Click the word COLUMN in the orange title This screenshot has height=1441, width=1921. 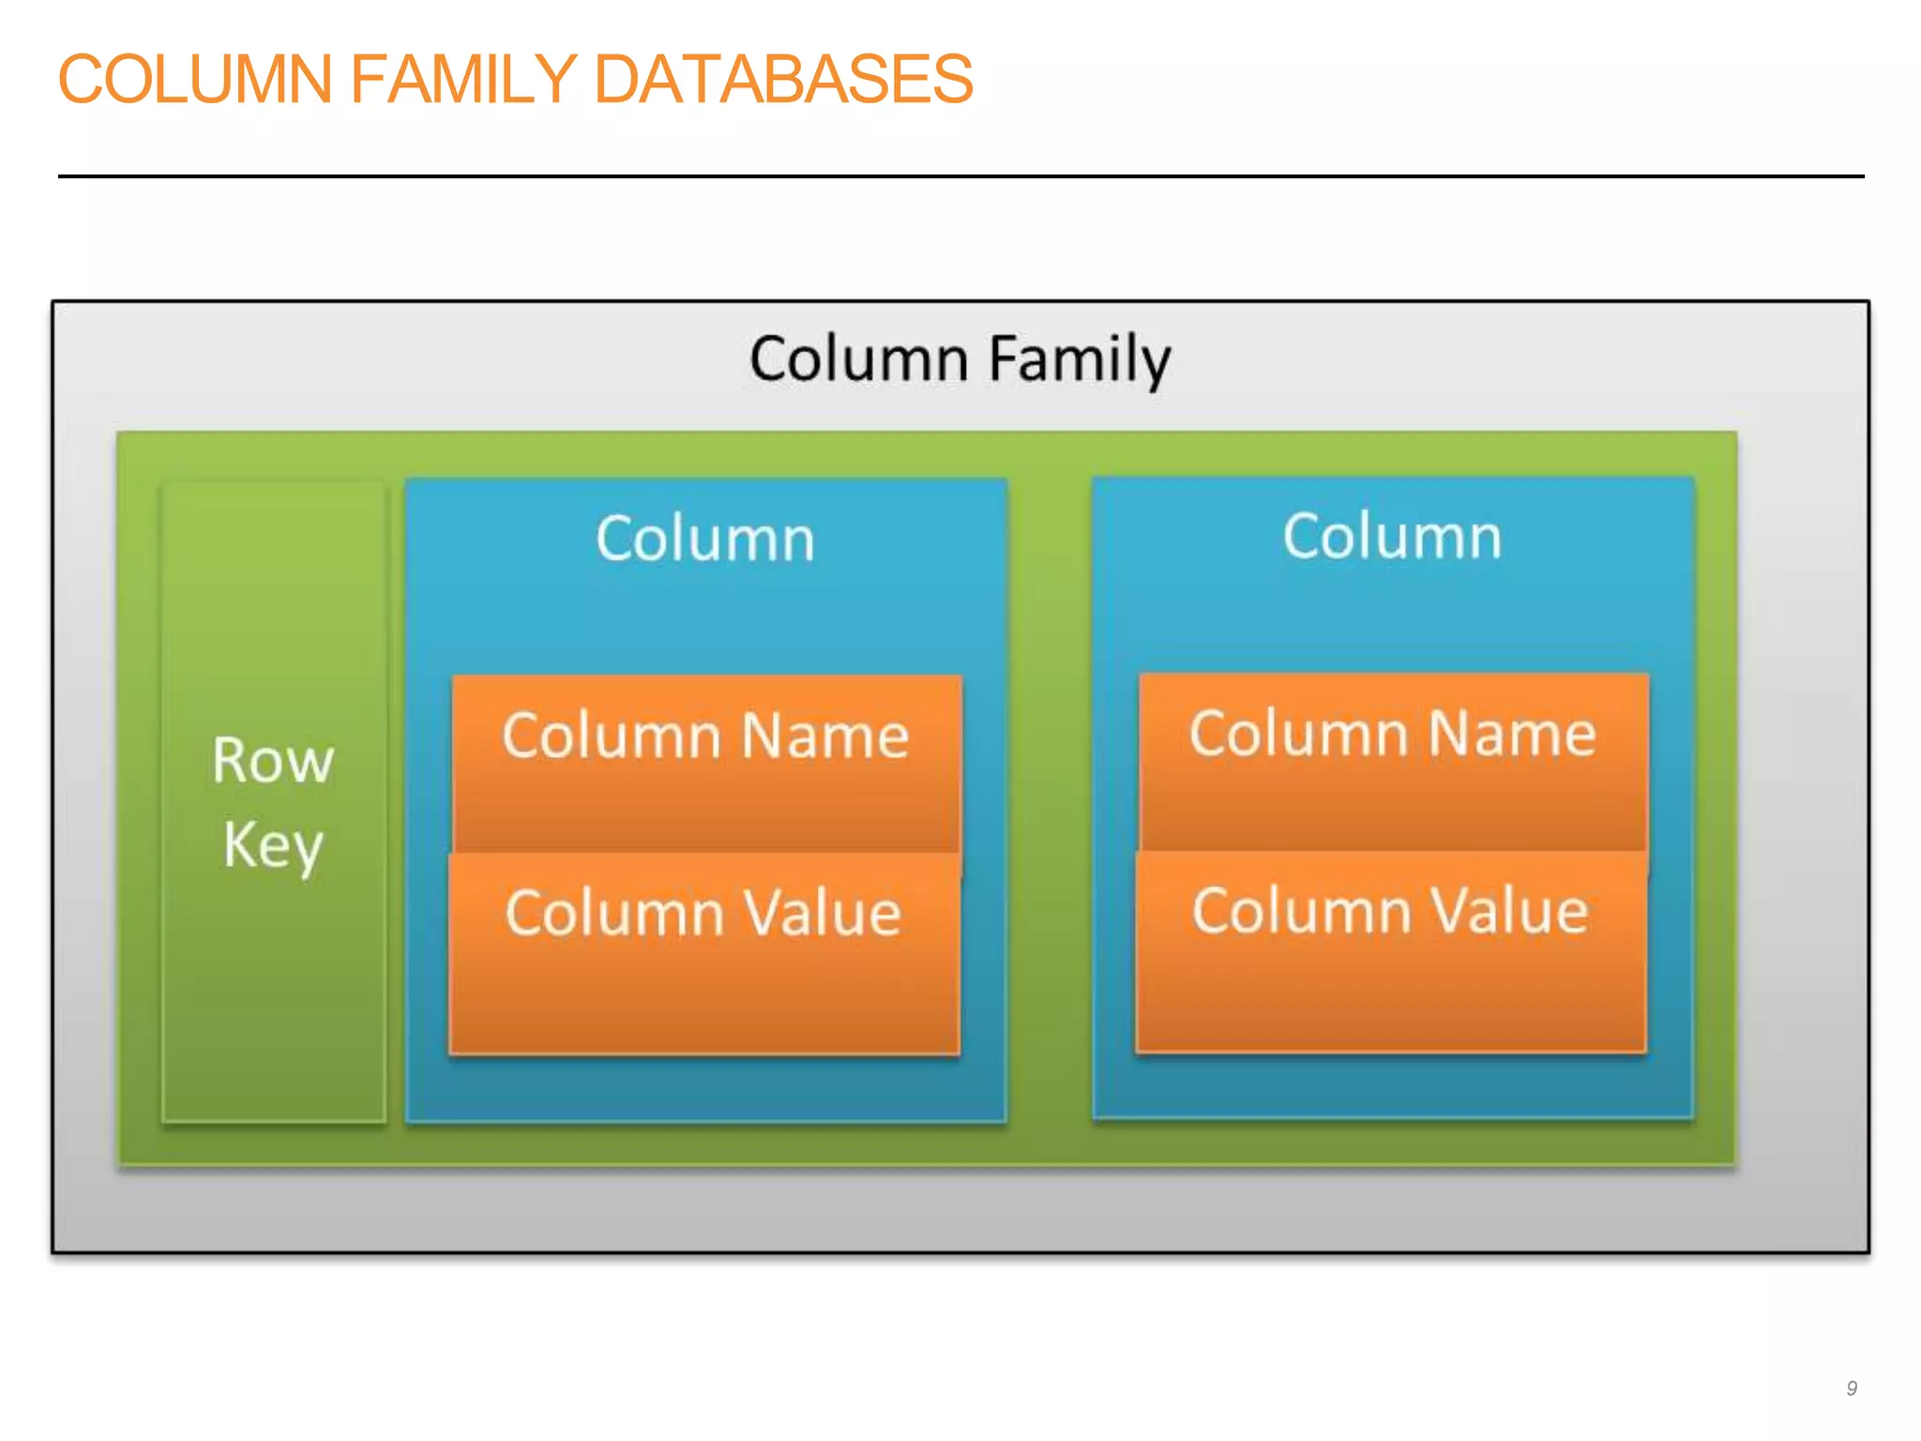tap(195, 79)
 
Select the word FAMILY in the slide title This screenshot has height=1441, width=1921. tap(462, 79)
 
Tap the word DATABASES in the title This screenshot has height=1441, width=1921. tap(783, 79)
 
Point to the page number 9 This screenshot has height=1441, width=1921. tap(1852, 1388)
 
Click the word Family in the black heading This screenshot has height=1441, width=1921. tap(1081, 359)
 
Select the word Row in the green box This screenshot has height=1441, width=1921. tap(273, 760)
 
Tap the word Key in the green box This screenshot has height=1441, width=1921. tap(273, 844)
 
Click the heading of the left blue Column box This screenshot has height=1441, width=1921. tap(705, 539)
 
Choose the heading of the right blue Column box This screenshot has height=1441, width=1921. tap(1392, 538)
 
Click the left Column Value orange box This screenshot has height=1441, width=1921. tap(704, 953)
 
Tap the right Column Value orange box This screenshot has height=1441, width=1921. tap(1391, 951)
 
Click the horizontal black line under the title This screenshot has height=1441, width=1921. tap(960, 175)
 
